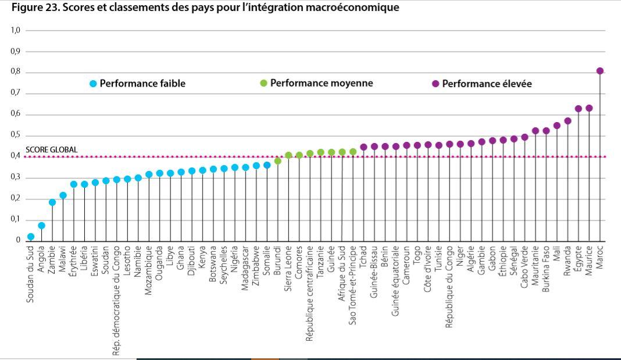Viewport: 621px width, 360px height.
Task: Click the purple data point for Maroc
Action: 599,71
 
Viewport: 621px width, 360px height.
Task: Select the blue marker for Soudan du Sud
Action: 31,237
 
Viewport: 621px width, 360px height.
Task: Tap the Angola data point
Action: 41,226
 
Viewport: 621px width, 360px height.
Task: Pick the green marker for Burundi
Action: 278,161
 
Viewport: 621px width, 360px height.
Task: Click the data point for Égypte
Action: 578,109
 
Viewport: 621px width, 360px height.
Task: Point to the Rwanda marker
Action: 568,121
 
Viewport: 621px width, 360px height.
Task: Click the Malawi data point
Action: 63,195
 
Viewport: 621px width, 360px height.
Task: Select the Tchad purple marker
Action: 363,147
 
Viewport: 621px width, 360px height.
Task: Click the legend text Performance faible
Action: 142,84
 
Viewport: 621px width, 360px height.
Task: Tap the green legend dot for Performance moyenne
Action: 263,83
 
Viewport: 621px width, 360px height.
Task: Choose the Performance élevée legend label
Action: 487,84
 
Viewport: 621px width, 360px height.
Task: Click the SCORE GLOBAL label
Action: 51,150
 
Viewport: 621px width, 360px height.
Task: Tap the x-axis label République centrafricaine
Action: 310,293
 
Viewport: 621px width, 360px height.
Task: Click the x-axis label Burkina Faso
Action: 546,272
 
